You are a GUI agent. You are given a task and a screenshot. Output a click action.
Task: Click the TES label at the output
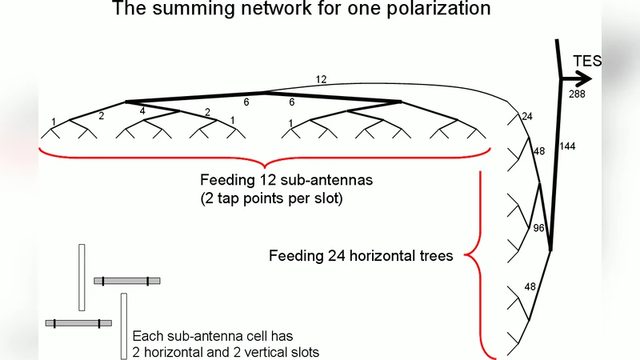[587, 61]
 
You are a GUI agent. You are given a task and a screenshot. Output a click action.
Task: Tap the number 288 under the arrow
[578, 94]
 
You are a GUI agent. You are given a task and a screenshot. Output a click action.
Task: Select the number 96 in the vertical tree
[540, 228]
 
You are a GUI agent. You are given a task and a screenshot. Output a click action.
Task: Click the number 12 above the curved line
[321, 79]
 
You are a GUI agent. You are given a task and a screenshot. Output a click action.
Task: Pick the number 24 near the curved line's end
[527, 117]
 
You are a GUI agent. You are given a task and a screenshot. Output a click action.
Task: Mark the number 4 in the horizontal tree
[142, 111]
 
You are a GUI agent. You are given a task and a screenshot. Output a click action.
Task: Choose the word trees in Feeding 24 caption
[434, 257]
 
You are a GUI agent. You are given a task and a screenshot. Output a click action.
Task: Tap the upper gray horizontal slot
[126, 281]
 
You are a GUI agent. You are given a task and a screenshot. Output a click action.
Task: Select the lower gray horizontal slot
[78, 323]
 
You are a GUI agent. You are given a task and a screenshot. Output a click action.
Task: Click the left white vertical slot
[82, 277]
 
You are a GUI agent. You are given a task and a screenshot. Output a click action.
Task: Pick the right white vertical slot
[124, 326]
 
